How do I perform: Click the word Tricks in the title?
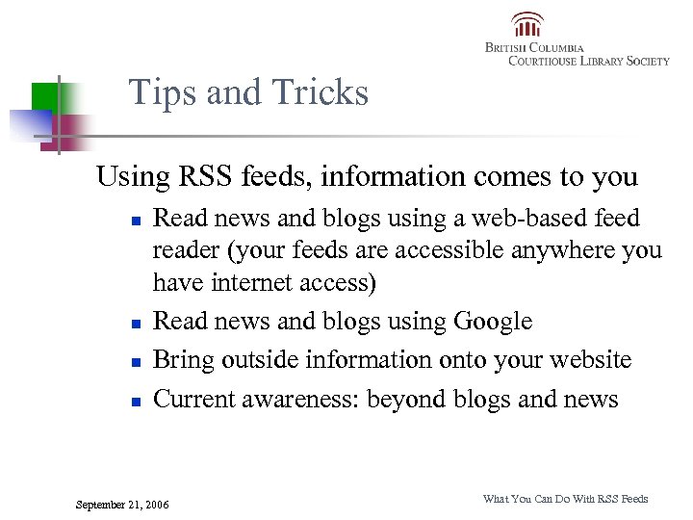pyautogui.click(x=321, y=92)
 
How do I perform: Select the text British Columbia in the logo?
pyautogui.click(x=534, y=47)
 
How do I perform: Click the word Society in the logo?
pyautogui.click(x=648, y=61)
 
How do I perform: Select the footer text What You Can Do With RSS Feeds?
pyautogui.click(x=565, y=499)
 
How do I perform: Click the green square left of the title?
pyautogui.click(x=45, y=96)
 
